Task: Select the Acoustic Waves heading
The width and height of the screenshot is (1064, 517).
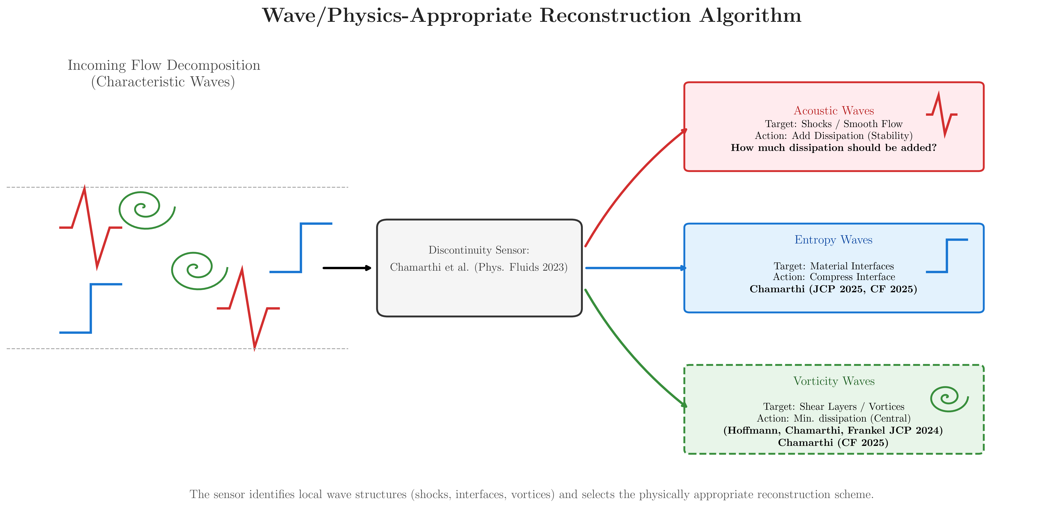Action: tap(834, 111)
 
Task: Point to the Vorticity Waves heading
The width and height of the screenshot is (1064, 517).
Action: tap(834, 381)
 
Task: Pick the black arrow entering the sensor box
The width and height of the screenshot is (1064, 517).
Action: tap(347, 268)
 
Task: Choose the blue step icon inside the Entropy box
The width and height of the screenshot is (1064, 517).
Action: tap(947, 256)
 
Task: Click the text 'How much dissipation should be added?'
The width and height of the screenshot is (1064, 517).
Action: tap(834, 148)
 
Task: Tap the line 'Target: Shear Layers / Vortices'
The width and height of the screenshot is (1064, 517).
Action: tap(834, 407)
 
